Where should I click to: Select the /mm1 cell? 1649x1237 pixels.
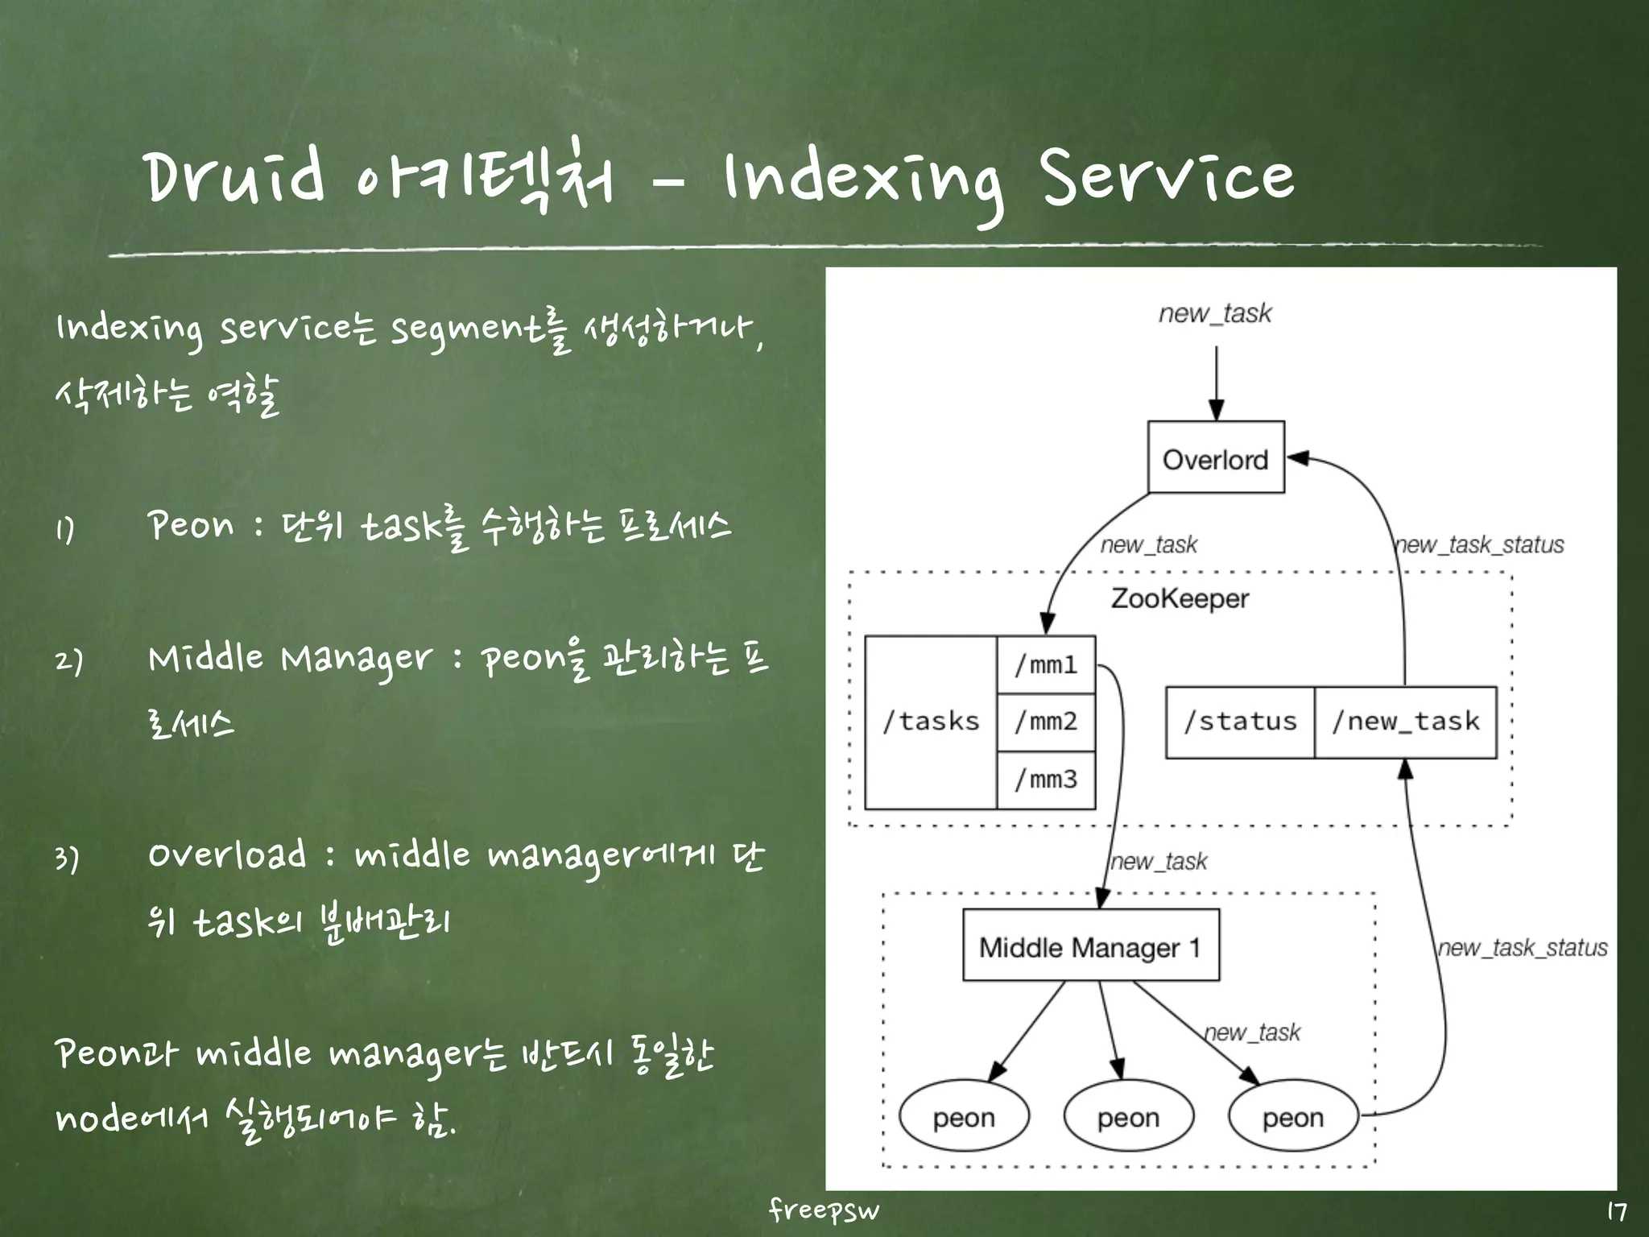(1046, 665)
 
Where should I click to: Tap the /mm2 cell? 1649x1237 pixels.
(1046, 722)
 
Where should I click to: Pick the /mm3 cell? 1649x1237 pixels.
(1046, 780)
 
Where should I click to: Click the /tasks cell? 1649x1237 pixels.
(931, 722)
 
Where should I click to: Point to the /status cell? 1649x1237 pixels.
(1240, 722)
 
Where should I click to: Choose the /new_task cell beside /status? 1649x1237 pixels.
(1406, 722)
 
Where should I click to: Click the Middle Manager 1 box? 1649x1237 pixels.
(1091, 946)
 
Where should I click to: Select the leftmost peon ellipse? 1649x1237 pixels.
(964, 1117)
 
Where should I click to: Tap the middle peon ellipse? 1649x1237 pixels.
(1129, 1117)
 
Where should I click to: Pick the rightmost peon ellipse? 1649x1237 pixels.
(1293, 1117)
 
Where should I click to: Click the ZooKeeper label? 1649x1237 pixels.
(1180, 598)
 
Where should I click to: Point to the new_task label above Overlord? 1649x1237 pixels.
(1215, 312)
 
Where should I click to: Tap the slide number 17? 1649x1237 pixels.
(1616, 1212)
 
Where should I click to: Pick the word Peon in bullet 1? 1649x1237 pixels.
(192, 526)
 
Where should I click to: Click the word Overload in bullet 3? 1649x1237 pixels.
(227, 855)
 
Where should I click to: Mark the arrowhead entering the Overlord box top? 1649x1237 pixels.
(1217, 411)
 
